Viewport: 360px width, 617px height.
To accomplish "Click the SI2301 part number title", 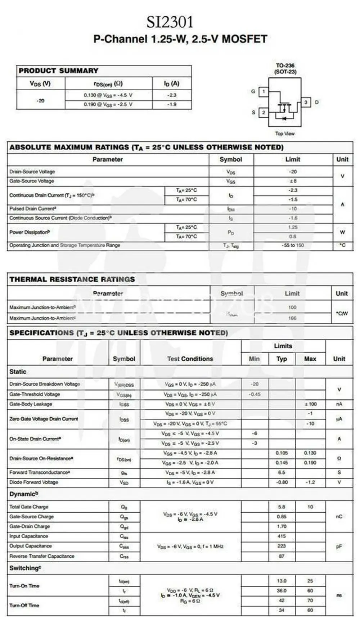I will pyautogui.click(x=170, y=22).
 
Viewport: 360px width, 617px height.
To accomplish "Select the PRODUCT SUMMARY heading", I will pyautogui.click(x=58, y=71).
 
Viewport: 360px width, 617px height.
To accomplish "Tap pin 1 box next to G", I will pyautogui.click(x=264, y=91).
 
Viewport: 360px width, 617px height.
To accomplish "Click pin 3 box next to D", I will pyautogui.click(x=306, y=102).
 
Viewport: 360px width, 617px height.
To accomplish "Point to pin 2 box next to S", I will pyautogui.click(x=264, y=113).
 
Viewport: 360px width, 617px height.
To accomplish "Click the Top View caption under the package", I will pyautogui.click(x=285, y=133).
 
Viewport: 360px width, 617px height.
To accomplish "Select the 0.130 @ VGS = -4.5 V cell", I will pyautogui.click(x=108, y=95).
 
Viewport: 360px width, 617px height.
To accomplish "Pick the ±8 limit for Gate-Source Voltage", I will pyautogui.click(x=293, y=181).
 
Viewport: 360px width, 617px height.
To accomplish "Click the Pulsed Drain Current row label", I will pyautogui.click(x=33, y=209).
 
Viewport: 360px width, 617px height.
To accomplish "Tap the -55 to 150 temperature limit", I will pyautogui.click(x=293, y=245).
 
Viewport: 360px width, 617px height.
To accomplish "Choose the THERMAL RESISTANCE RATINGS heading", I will pyautogui.click(x=72, y=279).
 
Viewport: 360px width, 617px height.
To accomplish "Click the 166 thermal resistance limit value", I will pyautogui.click(x=292, y=318).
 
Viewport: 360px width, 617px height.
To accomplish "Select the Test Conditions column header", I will pyautogui.click(x=190, y=359).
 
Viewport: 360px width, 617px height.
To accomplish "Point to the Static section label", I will pyautogui.click(x=18, y=372).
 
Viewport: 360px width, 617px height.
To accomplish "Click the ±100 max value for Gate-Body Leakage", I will pyautogui.click(x=310, y=404).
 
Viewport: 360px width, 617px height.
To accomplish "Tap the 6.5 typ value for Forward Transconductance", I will pyautogui.click(x=282, y=472).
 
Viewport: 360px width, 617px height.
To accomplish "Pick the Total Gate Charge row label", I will pyautogui.click(x=29, y=507).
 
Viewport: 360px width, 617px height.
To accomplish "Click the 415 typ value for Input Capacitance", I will pyautogui.click(x=282, y=536).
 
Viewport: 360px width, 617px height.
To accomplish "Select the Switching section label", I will pyautogui.click(x=25, y=568).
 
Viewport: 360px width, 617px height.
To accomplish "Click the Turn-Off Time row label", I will pyautogui.click(x=24, y=605).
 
